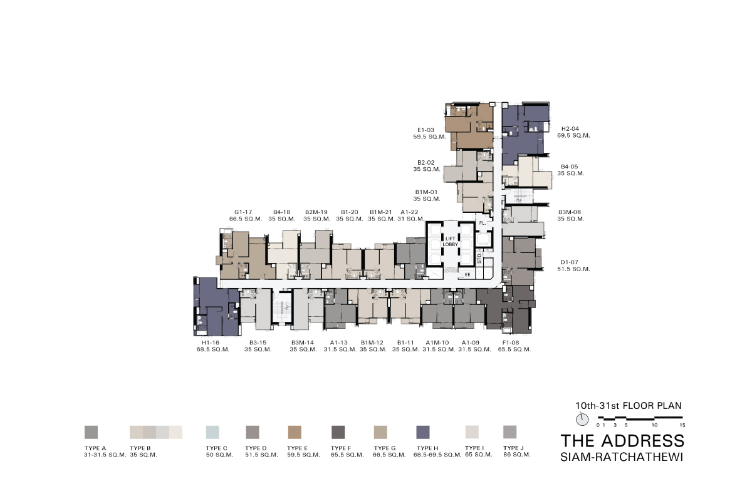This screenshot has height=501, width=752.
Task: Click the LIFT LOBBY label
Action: click(x=450, y=242)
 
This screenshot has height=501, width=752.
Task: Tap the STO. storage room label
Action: click(x=479, y=258)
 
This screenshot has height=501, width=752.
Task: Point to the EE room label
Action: click(x=467, y=274)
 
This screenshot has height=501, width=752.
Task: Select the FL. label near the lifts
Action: click(x=483, y=223)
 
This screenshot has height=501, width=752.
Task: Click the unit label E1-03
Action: click(x=426, y=130)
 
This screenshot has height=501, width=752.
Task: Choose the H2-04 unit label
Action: click(x=570, y=128)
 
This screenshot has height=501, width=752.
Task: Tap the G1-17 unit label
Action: click(x=243, y=212)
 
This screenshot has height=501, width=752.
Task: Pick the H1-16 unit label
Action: click(x=211, y=343)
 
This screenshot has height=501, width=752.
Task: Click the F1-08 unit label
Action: click(x=511, y=343)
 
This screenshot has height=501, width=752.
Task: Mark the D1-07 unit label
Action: click(x=570, y=262)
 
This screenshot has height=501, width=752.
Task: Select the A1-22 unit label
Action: click(x=410, y=212)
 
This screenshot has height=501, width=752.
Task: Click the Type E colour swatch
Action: click(x=295, y=432)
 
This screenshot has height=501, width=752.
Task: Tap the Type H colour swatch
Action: click(x=422, y=432)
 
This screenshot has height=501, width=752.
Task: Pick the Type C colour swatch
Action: click(x=212, y=432)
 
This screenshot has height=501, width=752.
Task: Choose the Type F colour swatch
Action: click(x=338, y=432)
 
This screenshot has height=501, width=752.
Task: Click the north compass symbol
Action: click(x=582, y=420)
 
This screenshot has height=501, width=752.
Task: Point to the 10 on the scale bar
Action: click(x=654, y=425)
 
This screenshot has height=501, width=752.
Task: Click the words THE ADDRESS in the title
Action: click(x=622, y=441)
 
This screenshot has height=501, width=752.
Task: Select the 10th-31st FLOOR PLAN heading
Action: click(x=629, y=406)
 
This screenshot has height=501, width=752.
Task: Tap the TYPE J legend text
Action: click(x=513, y=448)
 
